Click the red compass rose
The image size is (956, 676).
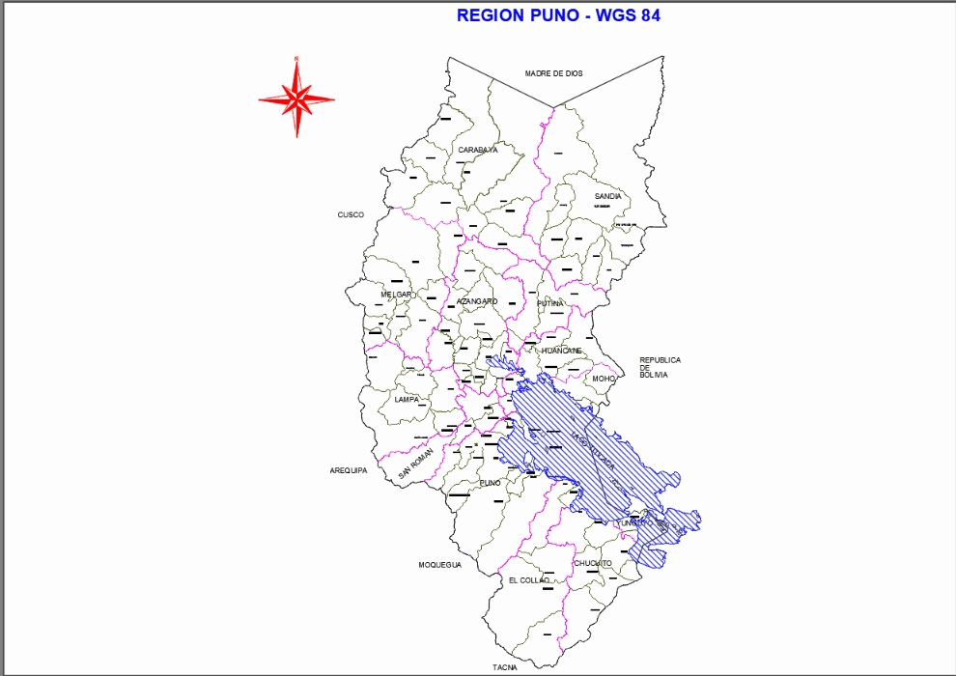[x=296, y=98]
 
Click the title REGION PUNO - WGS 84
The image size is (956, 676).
[x=558, y=15]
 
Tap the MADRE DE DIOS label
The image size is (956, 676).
[x=553, y=73]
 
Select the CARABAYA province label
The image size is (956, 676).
[x=478, y=150]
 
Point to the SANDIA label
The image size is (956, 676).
[x=607, y=196]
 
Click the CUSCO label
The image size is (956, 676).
[x=351, y=215]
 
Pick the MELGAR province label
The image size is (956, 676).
[x=397, y=295]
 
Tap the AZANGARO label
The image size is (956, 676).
[x=477, y=301]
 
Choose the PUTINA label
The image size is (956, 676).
[x=550, y=303]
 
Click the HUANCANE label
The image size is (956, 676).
[x=562, y=351]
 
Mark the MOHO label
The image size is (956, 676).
[x=605, y=379]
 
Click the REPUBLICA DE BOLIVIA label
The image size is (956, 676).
[x=660, y=367]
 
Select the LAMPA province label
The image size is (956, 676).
[x=407, y=399]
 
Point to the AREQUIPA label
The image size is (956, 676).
[x=349, y=470]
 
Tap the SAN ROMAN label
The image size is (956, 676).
[x=416, y=467]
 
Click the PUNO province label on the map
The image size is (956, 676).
[x=490, y=482]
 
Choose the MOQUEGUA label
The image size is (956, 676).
[x=439, y=565]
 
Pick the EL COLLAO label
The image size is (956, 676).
[x=528, y=579]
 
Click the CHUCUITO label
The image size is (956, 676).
[x=592, y=563]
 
